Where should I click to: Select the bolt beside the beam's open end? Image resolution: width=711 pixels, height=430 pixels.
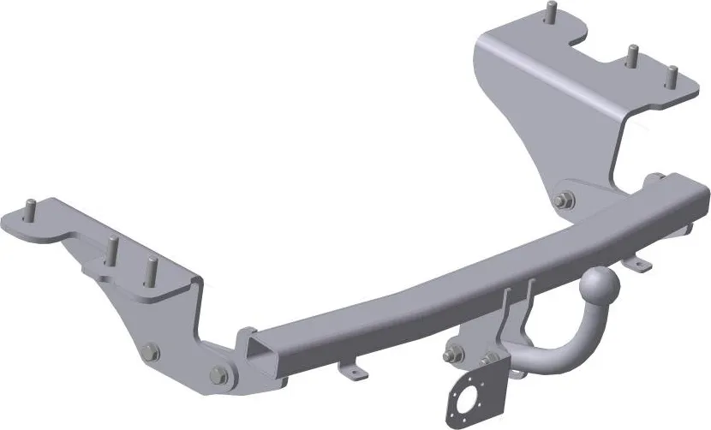[218, 375]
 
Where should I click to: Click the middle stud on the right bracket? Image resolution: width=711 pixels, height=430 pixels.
[631, 57]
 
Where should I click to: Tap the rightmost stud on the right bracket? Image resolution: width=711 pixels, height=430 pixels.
[672, 78]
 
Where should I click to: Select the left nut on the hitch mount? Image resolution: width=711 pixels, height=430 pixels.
[452, 353]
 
